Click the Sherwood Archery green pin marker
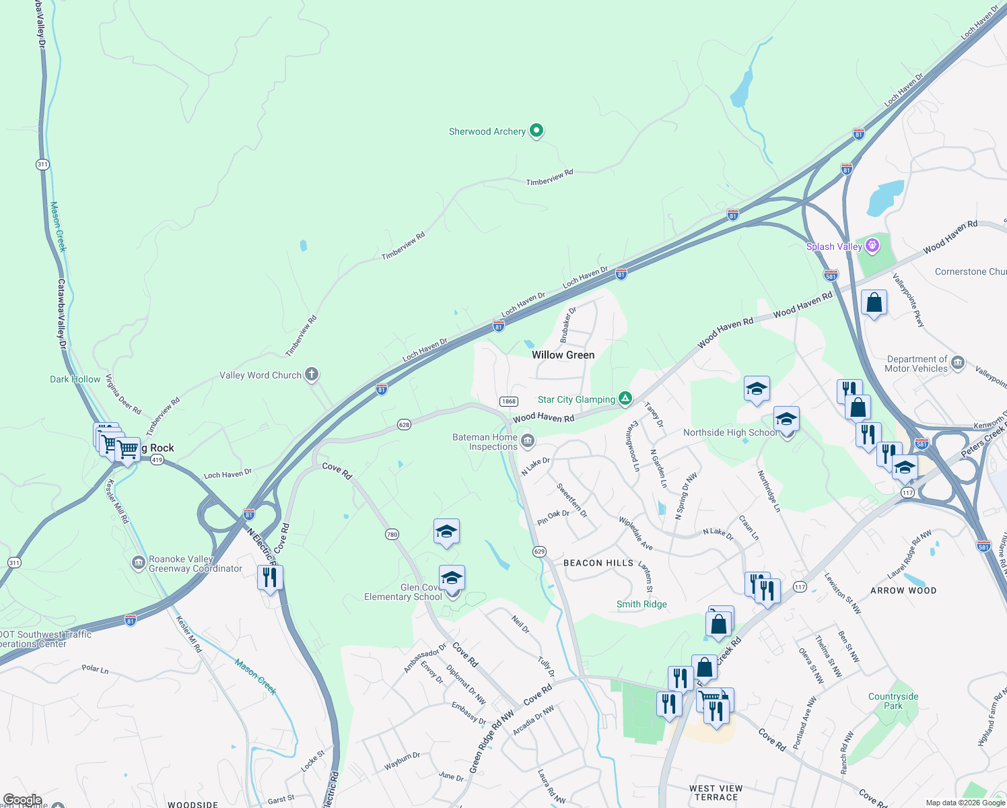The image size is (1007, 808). click(536, 131)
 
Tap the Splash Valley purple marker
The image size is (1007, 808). click(872, 246)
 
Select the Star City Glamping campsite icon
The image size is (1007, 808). click(625, 399)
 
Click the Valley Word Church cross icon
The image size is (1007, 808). click(311, 374)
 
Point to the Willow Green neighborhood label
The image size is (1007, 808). click(563, 355)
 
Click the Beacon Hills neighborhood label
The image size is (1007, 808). click(598, 563)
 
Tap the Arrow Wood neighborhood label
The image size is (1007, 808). click(903, 591)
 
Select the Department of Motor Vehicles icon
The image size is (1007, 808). click(958, 364)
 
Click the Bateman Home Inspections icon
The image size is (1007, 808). click(528, 441)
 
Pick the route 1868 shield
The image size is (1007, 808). click(508, 401)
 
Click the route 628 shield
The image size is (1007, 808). click(404, 424)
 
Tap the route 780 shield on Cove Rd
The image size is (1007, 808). click(392, 534)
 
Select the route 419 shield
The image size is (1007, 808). click(157, 460)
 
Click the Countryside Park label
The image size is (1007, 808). click(893, 701)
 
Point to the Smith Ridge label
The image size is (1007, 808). click(641, 604)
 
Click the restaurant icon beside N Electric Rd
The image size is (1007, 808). click(270, 578)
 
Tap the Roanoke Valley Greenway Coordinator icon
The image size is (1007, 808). click(139, 563)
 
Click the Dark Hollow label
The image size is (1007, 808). click(75, 379)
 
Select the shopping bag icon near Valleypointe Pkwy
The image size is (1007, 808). click(874, 303)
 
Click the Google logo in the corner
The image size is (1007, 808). click(22, 800)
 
